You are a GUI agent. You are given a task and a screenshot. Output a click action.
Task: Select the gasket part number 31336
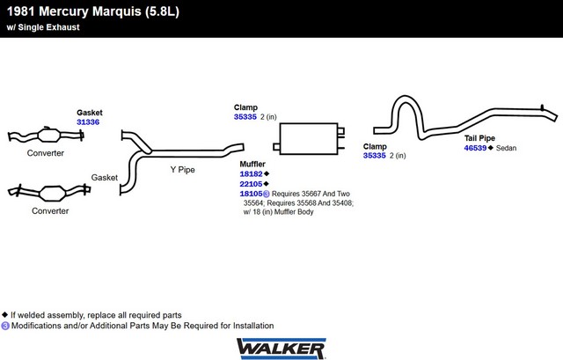(x=88, y=121)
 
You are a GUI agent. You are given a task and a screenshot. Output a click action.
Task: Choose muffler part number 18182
(x=251, y=174)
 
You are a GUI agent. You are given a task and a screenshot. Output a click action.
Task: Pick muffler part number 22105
(x=251, y=184)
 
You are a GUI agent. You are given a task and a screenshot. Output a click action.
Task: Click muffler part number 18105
(x=251, y=194)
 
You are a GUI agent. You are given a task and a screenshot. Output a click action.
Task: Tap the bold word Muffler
(x=253, y=165)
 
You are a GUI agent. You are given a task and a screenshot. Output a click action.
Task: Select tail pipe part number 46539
(x=476, y=148)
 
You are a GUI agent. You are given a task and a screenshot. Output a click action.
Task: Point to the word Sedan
(x=506, y=148)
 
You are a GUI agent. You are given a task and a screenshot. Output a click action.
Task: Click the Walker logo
(x=281, y=348)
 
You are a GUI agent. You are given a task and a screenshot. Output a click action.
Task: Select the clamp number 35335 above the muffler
(x=245, y=116)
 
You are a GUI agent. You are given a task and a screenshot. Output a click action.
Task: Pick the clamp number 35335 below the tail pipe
(x=376, y=156)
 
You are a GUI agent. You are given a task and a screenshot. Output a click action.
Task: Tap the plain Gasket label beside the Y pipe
(x=105, y=177)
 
